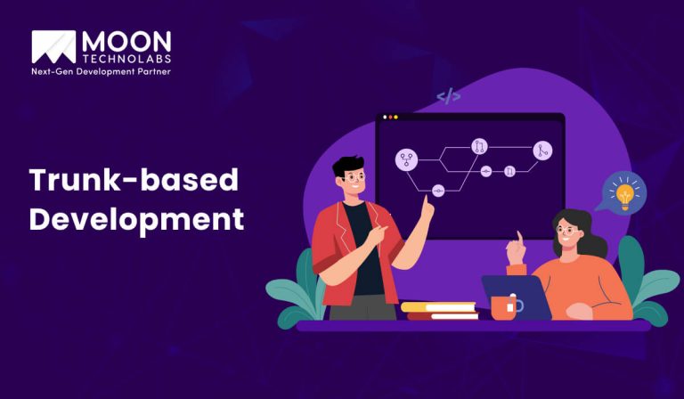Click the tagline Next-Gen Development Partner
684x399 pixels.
pyautogui.click(x=101, y=71)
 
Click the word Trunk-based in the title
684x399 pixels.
pyautogui.click(x=134, y=181)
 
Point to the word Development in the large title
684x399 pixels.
pyautogui.click(x=136, y=219)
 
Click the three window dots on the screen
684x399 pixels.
pyautogui.click(x=390, y=118)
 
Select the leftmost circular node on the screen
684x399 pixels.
pyautogui.click(x=406, y=160)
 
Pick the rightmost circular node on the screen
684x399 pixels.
pyautogui.click(x=542, y=151)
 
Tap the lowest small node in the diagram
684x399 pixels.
pyautogui.click(x=437, y=191)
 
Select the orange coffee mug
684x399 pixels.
pyautogui.click(x=505, y=307)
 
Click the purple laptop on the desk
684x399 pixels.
pyautogui.click(x=517, y=295)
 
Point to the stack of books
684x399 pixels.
pyautogui.click(x=439, y=310)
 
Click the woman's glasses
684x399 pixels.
pyautogui.click(x=566, y=232)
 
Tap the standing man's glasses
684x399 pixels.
pyautogui.click(x=354, y=178)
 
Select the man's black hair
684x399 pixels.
pyautogui.click(x=346, y=165)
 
